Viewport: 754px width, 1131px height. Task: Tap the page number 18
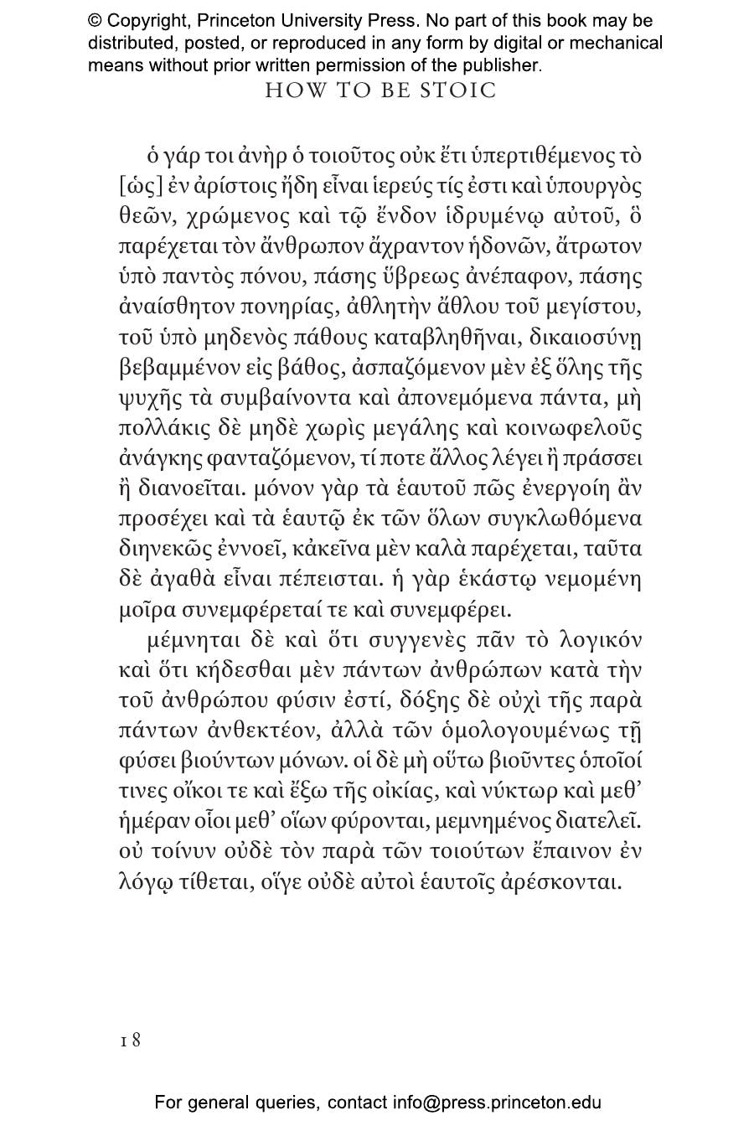click(x=130, y=1040)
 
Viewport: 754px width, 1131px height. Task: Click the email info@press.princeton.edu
click(x=497, y=1103)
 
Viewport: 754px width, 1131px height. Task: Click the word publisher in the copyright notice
click(x=499, y=65)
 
